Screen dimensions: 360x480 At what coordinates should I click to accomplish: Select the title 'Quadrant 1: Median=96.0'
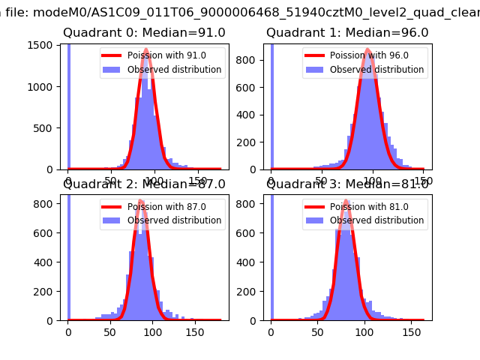[x=347, y=33]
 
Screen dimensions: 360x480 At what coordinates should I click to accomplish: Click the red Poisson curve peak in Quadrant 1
[x=367, y=49]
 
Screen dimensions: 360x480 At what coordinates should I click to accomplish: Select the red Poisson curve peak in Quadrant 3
[x=346, y=201]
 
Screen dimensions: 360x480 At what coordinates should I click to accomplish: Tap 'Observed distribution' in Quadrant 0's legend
[x=174, y=70]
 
